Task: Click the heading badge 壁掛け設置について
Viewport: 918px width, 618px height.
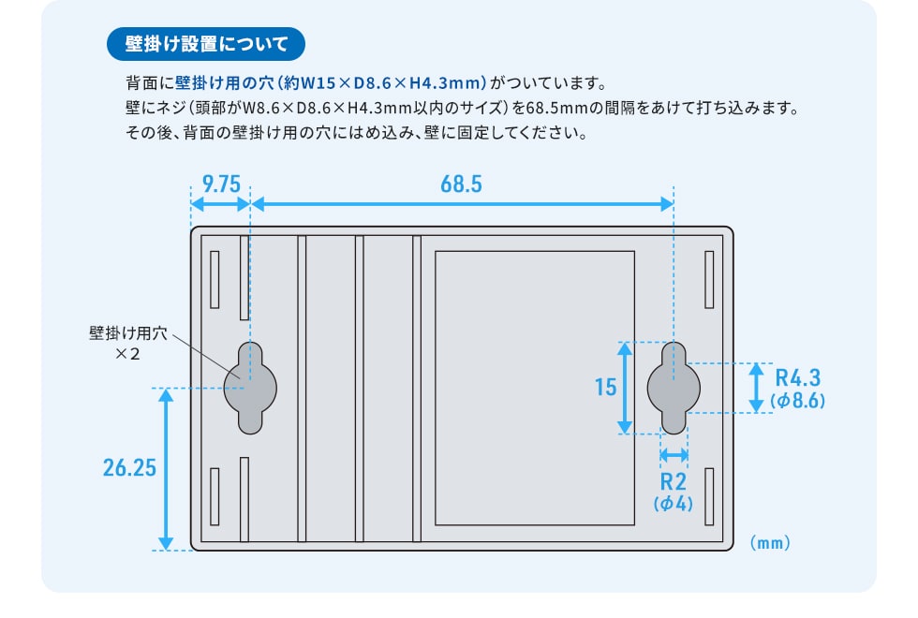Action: click(206, 44)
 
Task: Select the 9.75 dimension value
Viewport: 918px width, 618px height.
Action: click(221, 184)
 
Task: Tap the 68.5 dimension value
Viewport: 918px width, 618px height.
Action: click(461, 184)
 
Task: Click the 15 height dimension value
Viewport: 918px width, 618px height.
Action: click(605, 387)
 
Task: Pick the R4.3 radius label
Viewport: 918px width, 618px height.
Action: click(797, 378)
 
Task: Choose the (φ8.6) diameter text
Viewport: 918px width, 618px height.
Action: click(797, 401)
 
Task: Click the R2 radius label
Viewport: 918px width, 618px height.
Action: click(674, 482)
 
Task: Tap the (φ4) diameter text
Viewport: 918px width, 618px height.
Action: click(674, 504)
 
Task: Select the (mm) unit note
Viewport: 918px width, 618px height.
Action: click(771, 542)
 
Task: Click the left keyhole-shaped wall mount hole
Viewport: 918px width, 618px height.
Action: click(250, 387)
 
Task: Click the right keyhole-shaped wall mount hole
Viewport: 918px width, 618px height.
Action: click(674, 387)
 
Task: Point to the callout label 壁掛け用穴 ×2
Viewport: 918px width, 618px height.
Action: click(127, 344)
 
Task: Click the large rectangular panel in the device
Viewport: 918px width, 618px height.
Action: click(535, 387)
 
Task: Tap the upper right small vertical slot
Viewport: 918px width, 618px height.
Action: click(709, 279)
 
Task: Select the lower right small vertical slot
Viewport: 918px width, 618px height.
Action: click(709, 496)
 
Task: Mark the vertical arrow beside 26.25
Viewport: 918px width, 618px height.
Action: click(166, 468)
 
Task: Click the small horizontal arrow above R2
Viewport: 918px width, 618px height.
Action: click(674, 455)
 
